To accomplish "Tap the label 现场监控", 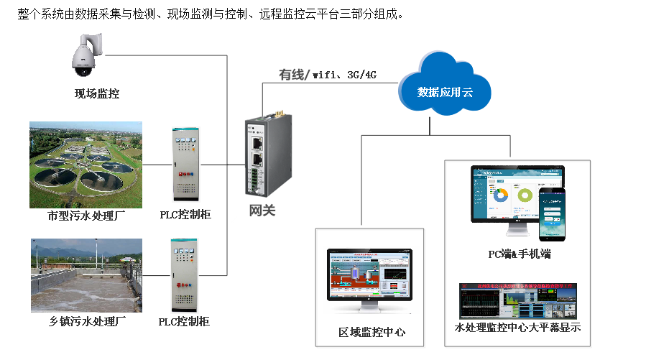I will tap(97, 93).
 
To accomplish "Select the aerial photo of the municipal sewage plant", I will tap(86, 163).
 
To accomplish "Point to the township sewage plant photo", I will tap(86, 274).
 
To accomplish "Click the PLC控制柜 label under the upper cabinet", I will tap(185, 215).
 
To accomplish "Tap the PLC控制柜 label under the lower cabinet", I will tap(184, 321).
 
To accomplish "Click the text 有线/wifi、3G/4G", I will tap(328, 75).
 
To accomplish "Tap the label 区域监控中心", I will tap(372, 332).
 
